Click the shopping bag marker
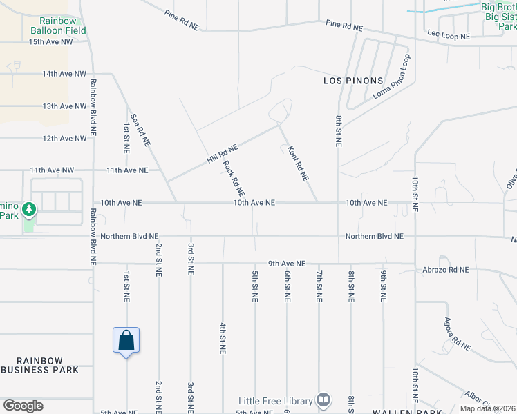126,341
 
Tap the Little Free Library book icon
323,400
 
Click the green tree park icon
29,208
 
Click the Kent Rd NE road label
298,162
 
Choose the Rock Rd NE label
234,177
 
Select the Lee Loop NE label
448,34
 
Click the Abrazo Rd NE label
446,270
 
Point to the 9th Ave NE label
287,264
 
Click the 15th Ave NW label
50,41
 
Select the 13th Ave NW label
64,106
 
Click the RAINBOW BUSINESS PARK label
40,365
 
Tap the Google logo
23,406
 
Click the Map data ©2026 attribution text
489,408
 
